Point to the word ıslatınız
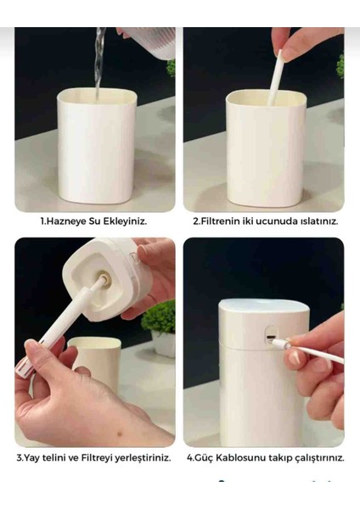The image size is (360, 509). (318, 221)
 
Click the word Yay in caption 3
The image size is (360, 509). (31, 458)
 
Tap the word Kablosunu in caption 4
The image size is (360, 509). (241, 458)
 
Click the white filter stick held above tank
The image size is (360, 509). (274, 78)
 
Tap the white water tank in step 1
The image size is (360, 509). (96, 146)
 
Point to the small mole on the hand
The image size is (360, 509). (121, 433)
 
